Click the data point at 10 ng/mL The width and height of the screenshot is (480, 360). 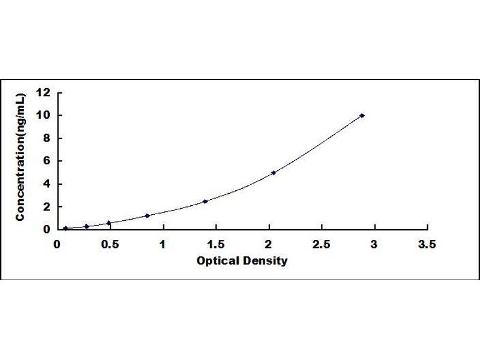[x=362, y=115]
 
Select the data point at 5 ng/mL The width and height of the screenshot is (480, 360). [x=274, y=173]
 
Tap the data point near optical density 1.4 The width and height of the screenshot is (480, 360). [x=205, y=202]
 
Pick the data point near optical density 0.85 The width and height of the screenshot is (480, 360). [x=147, y=216]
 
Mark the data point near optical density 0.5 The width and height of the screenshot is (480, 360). [x=109, y=223]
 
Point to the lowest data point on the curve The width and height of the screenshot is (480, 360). [x=65, y=228]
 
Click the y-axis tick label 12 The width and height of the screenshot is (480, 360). [x=43, y=92]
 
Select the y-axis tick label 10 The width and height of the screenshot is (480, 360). [x=43, y=115]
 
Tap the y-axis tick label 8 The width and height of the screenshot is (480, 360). [x=46, y=138]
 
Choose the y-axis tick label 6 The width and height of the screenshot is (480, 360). [x=46, y=161]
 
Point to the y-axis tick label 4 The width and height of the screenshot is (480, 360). [x=46, y=184]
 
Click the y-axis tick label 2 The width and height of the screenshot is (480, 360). [x=46, y=207]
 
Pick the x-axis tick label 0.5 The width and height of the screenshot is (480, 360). [x=110, y=244]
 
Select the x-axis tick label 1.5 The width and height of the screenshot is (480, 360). [x=216, y=244]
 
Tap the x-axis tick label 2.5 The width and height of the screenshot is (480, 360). [x=322, y=244]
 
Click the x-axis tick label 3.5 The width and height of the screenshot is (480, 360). [x=427, y=244]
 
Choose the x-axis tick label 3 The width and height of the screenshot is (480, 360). [x=374, y=244]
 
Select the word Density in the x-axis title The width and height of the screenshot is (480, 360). [x=265, y=261]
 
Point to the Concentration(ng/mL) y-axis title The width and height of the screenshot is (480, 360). [x=20, y=157]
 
